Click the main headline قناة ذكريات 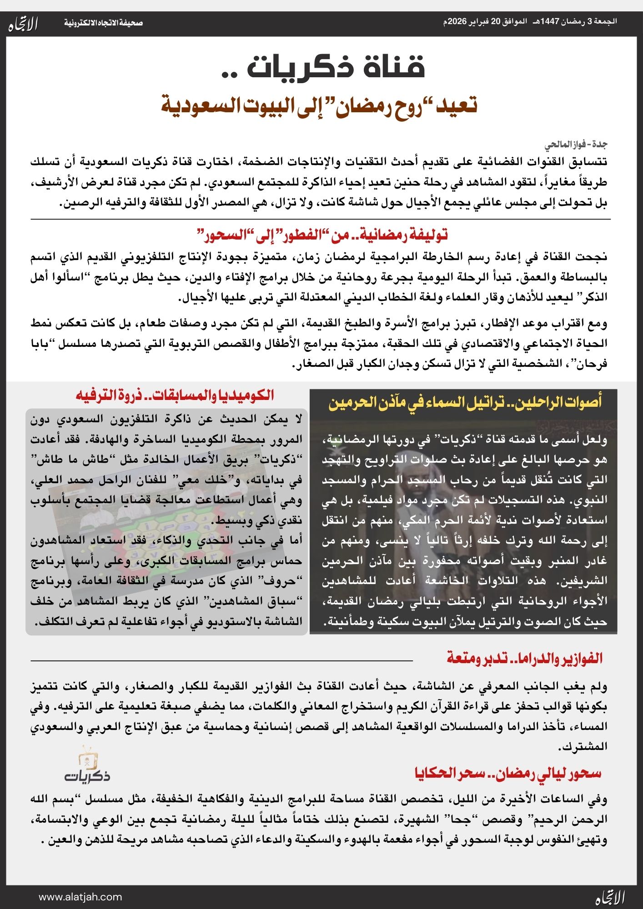click(x=335, y=67)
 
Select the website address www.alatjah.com click(x=80, y=897)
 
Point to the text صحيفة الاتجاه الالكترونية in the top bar click(x=103, y=23)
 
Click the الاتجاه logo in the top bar click(x=23, y=24)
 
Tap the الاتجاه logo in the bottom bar click(x=610, y=897)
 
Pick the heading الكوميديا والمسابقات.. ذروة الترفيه click(x=175, y=395)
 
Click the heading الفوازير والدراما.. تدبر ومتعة click(x=524, y=659)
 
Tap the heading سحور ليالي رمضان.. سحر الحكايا click(x=508, y=773)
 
